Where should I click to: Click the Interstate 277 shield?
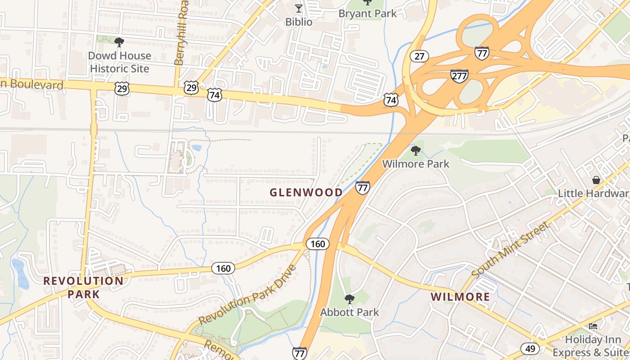(459, 76)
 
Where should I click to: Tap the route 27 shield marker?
(419, 56)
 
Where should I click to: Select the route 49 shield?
(530, 348)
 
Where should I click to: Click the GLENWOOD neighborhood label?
(306, 193)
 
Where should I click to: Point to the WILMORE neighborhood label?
(460, 297)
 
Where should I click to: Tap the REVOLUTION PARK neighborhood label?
(83, 288)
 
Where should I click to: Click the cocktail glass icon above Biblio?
(298, 8)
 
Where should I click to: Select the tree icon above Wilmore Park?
(416, 150)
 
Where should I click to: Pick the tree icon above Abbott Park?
(349, 299)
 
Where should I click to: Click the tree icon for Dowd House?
(119, 42)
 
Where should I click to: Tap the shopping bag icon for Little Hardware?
(596, 180)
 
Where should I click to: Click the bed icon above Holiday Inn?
(593, 326)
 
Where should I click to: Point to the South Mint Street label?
(510, 250)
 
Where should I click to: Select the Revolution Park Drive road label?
(247, 295)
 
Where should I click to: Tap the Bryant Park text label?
(368, 13)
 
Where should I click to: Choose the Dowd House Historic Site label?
(119, 62)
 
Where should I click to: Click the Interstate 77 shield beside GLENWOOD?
(362, 188)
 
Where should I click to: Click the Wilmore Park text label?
(416, 164)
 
